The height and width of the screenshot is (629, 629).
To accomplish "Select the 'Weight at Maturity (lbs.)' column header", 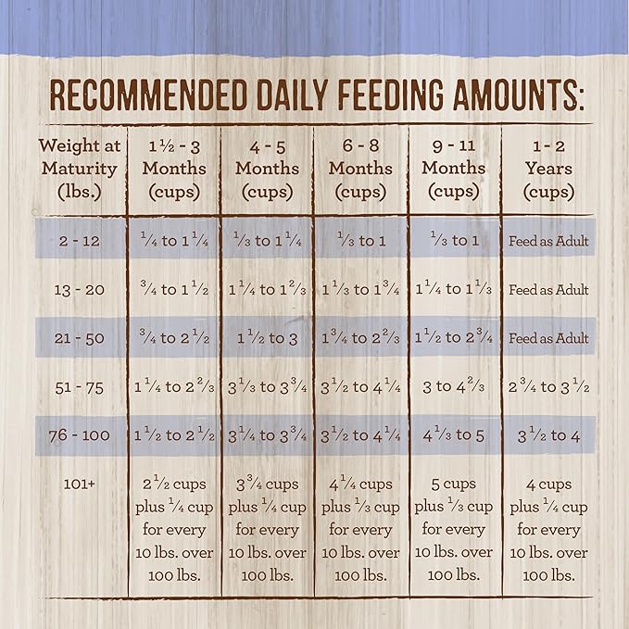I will point(79,169).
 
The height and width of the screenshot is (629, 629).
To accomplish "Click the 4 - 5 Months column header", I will point(267,169).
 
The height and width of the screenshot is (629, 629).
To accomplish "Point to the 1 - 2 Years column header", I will point(548,169).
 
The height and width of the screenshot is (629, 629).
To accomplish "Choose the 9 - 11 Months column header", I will point(454,169).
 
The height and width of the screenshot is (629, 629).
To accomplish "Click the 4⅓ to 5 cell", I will point(454,434).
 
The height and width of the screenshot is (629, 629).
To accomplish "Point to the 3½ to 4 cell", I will point(548,434).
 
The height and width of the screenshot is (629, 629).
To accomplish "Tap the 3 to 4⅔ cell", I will point(454,386).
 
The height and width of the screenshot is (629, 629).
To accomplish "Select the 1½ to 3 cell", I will point(267,338).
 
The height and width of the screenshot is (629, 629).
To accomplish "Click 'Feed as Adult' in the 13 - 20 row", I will point(548,290).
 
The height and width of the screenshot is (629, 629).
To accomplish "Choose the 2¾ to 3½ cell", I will point(548,386).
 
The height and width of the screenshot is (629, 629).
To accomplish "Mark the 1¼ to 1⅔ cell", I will point(267,290).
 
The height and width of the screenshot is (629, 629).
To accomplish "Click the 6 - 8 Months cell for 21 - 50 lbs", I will point(360,338).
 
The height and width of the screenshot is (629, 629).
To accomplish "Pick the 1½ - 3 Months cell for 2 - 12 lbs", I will point(173,241).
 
